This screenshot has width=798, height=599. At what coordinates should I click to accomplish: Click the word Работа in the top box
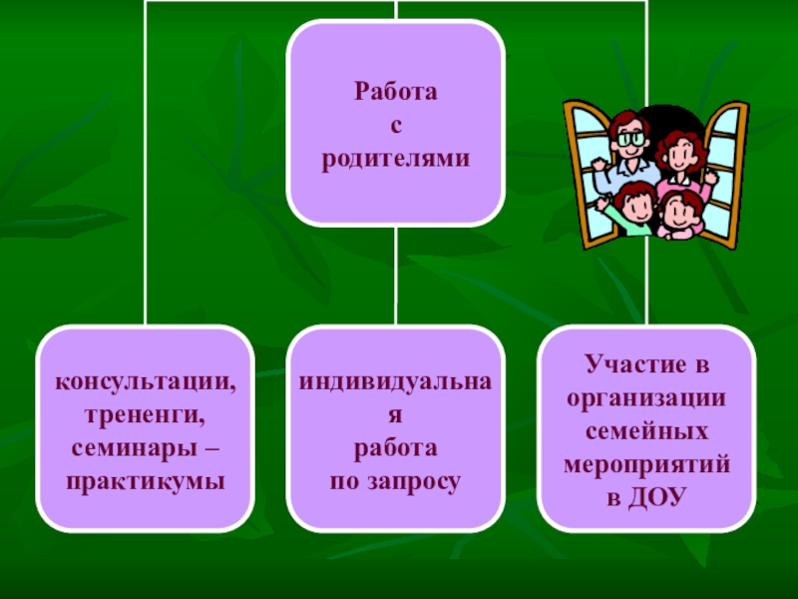(396, 93)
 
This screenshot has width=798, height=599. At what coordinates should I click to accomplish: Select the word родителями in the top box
(396, 159)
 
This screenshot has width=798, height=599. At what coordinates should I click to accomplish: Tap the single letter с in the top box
(396, 126)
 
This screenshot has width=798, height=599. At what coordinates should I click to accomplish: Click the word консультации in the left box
(144, 383)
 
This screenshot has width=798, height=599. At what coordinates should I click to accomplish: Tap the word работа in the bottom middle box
(396, 449)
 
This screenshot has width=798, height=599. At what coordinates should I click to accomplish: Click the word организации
(645, 397)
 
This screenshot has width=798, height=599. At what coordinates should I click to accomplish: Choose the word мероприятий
(645, 464)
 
